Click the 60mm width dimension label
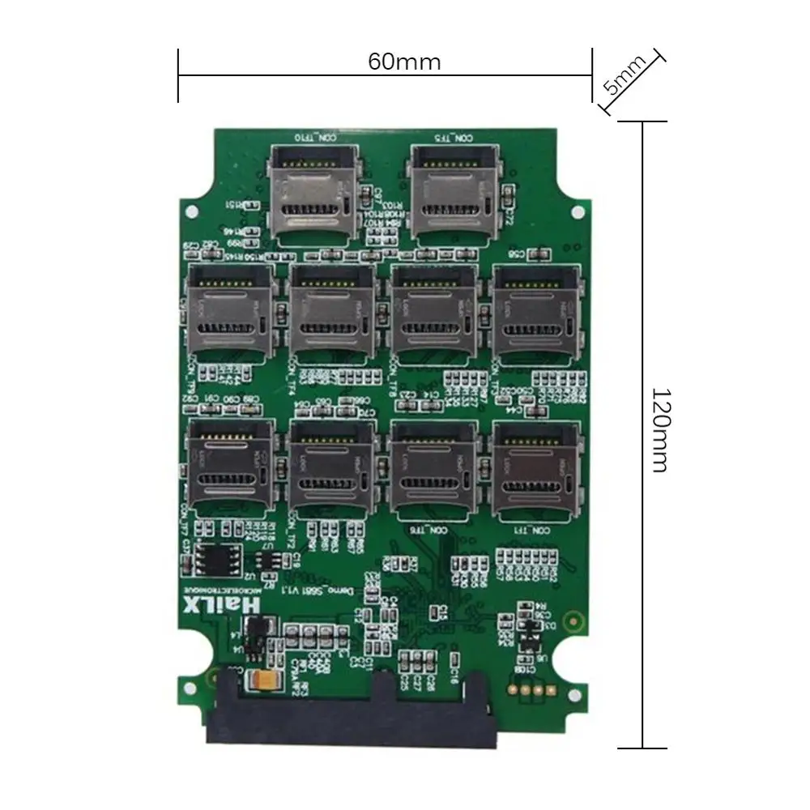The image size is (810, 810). coord(404,62)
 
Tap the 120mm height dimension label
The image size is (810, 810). coord(660,430)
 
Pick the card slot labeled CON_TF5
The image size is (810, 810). coord(453,190)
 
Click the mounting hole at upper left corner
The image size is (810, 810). coord(193,214)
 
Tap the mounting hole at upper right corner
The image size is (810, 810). coord(577,212)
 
